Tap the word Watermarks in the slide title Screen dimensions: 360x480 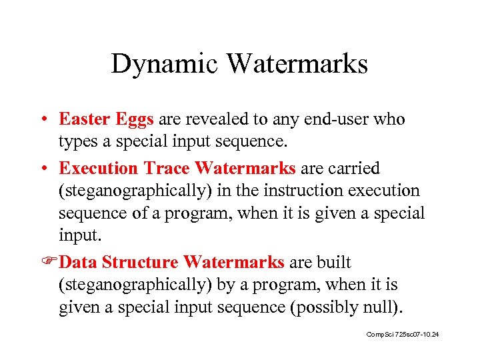297,64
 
